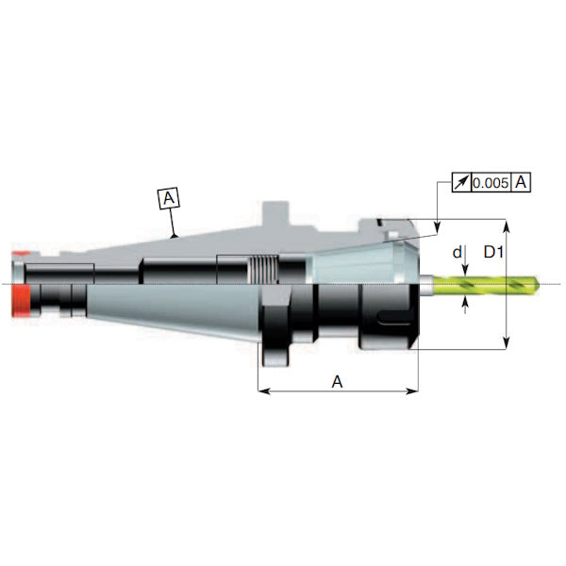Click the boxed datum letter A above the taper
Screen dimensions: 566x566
(x=169, y=199)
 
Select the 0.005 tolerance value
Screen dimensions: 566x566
(x=491, y=182)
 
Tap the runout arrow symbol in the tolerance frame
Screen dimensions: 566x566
(x=459, y=182)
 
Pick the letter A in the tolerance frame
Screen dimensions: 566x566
(x=521, y=182)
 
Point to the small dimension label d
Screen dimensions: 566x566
(x=457, y=253)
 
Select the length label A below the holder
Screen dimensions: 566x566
(x=337, y=380)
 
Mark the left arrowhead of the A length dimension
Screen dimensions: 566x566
(x=263, y=391)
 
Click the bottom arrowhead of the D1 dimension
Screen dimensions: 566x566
(x=508, y=345)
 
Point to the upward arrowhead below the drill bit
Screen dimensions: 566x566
(x=469, y=303)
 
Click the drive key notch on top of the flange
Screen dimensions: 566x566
(x=273, y=209)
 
